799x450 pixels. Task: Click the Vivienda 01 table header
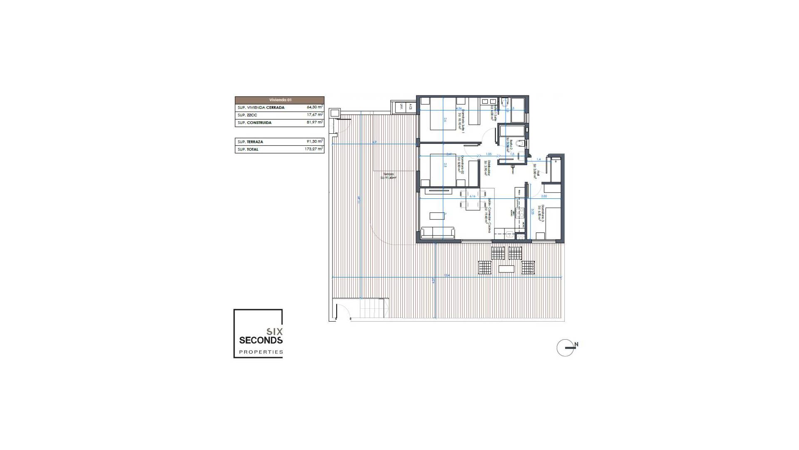(x=280, y=100)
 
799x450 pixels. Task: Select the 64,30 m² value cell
(x=314, y=107)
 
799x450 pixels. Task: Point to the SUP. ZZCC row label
(x=247, y=115)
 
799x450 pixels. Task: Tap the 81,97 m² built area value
(x=314, y=122)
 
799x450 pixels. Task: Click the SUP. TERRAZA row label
(x=251, y=142)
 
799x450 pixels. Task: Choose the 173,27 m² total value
(x=314, y=149)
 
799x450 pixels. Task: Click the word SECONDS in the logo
(x=261, y=340)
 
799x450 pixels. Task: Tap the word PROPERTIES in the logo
(x=261, y=352)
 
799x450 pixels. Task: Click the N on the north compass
(x=576, y=345)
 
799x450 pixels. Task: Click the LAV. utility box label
(x=402, y=107)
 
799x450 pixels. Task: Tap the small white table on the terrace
(x=506, y=269)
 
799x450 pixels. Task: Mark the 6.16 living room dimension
(x=472, y=196)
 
